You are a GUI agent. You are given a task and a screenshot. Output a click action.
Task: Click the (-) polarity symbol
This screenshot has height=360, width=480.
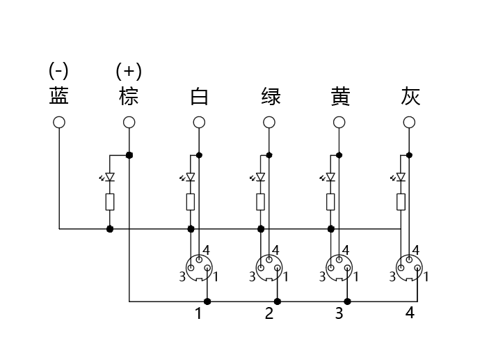(58, 70)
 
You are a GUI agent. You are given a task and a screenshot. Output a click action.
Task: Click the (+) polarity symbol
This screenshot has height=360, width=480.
(129, 71)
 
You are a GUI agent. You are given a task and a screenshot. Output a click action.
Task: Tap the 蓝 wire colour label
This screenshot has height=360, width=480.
(58, 96)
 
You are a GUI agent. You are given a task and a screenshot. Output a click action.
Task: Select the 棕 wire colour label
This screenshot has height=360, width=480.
(129, 96)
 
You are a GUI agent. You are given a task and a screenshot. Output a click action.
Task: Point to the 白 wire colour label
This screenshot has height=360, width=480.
(199, 96)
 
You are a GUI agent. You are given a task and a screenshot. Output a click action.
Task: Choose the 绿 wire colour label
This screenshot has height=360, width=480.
(271, 96)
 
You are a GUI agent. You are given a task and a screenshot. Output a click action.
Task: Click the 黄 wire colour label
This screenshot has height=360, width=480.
(340, 96)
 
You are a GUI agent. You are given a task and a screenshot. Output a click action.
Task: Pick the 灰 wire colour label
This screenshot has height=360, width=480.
(410, 96)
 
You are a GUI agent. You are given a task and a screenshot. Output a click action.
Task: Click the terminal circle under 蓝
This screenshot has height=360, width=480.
(59, 123)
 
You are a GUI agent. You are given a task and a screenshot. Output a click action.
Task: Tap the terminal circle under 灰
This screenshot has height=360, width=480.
(409, 123)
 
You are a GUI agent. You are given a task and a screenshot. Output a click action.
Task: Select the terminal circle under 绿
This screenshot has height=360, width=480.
(269, 123)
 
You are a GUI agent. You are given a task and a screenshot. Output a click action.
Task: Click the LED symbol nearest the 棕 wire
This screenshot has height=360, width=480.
(108, 177)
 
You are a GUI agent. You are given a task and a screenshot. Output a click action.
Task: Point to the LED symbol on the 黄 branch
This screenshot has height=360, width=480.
(328, 177)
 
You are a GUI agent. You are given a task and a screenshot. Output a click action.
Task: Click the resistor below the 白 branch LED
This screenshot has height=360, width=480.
(191, 202)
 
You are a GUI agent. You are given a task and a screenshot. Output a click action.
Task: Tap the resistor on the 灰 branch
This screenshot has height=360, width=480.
(401, 202)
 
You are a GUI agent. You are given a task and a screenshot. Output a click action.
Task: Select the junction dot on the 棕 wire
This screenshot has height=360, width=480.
(129, 155)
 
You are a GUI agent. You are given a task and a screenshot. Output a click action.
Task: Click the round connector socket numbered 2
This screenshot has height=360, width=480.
(269, 268)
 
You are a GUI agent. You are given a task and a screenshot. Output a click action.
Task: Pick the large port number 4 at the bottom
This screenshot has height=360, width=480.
(410, 313)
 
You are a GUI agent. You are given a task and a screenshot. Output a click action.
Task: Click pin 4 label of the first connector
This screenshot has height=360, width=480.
(207, 250)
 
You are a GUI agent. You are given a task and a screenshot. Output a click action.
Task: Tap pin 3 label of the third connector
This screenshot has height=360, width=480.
(322, 277)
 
